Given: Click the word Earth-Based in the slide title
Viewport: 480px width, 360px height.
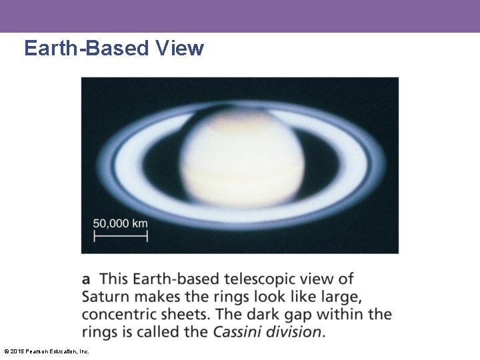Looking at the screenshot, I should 85,48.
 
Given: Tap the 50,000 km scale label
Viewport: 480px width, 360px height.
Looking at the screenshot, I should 120,223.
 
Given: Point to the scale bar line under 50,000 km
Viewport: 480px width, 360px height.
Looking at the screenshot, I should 120,236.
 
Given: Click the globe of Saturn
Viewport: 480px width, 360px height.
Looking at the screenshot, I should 241,160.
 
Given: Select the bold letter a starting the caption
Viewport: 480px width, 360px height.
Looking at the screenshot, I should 87,279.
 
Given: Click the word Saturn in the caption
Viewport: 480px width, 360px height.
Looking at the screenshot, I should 103,297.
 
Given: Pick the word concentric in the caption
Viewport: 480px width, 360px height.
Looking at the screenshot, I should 116,314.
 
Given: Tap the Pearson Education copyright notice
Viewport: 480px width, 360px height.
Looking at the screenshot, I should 46,351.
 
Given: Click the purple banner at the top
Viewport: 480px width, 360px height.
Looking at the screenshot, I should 240,16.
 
